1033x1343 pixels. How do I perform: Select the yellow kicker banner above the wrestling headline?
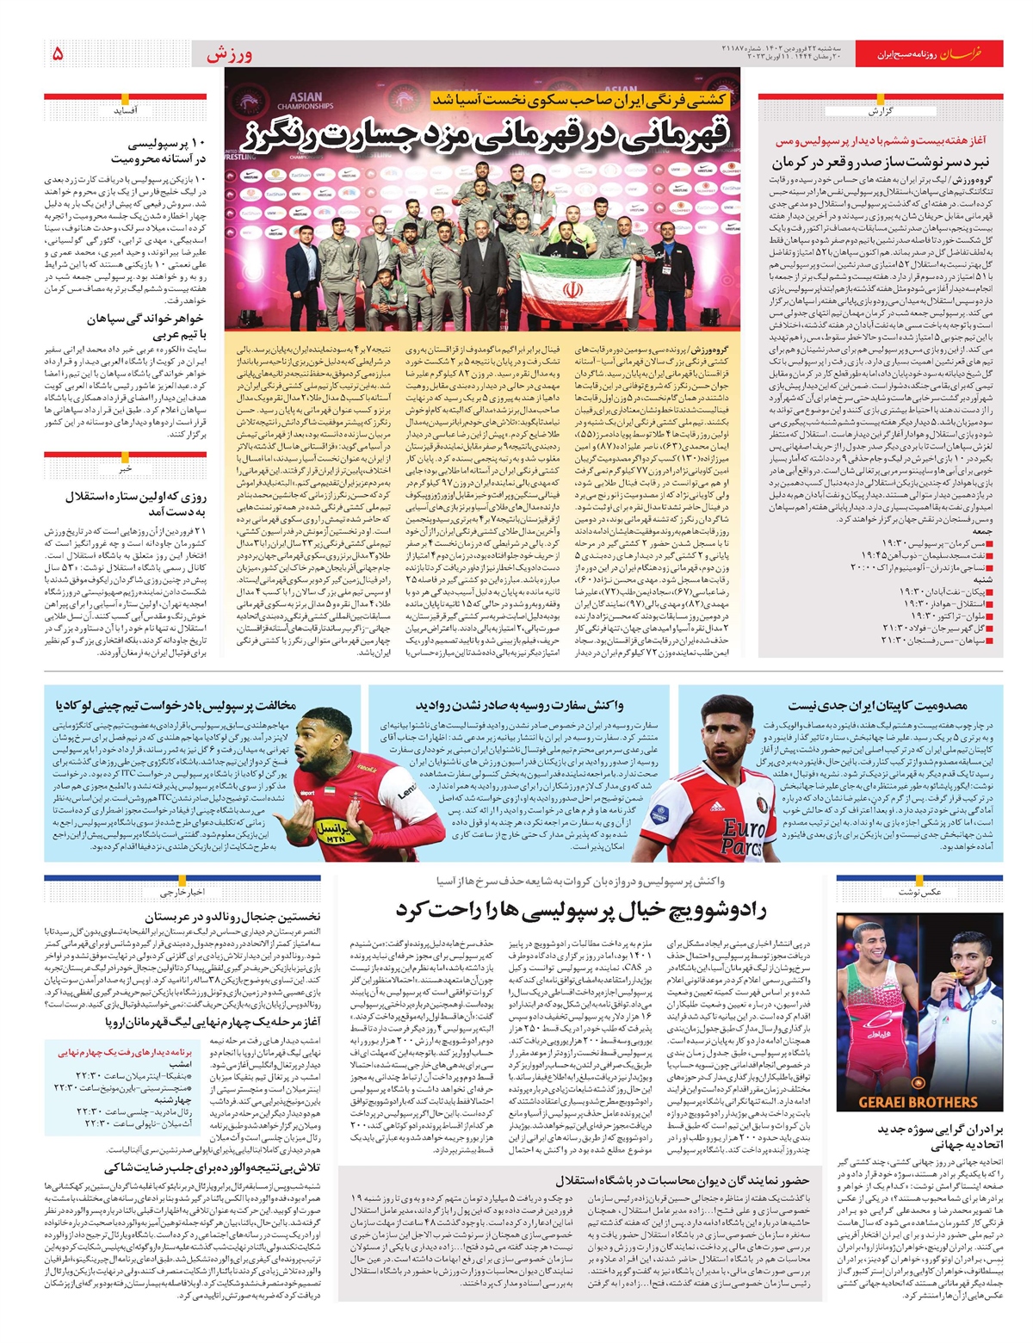pos(581,101)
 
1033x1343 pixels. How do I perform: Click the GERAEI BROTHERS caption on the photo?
pos(918,1102)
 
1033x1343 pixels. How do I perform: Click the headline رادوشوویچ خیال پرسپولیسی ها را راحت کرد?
pos(580,909)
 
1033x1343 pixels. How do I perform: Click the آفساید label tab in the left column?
pos(126,110)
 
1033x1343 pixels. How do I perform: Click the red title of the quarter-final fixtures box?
pos(126,1052)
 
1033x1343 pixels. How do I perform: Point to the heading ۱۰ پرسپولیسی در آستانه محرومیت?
pos(158,150)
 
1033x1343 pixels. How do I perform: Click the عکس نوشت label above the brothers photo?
pos(919,892)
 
